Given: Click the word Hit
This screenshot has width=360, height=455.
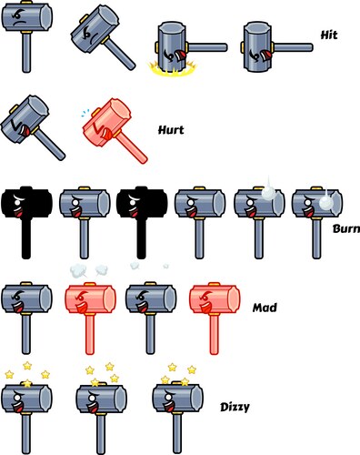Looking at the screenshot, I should point(330,35).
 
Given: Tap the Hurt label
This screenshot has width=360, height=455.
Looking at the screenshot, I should point(171,130).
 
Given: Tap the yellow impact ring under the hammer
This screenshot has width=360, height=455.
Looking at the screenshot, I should point(169,66).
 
